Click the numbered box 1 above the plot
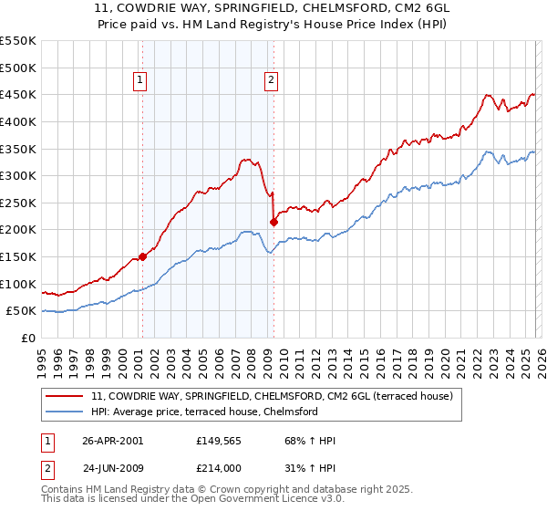[141, 80]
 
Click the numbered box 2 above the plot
[272, 80]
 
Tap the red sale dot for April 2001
[142, 257]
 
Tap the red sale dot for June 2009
[273, 222]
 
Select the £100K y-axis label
[18, 284]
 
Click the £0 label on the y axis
[28, 338]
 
